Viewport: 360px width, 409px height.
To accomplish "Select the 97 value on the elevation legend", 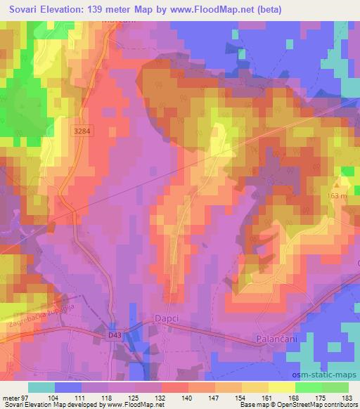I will point(28,397).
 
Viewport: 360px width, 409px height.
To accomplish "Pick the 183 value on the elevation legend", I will point(347,397).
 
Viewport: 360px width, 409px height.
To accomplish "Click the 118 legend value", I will point(108,397).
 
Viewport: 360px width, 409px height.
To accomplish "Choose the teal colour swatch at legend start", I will point(41,387).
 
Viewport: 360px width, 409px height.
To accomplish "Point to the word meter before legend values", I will point(11,397).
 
